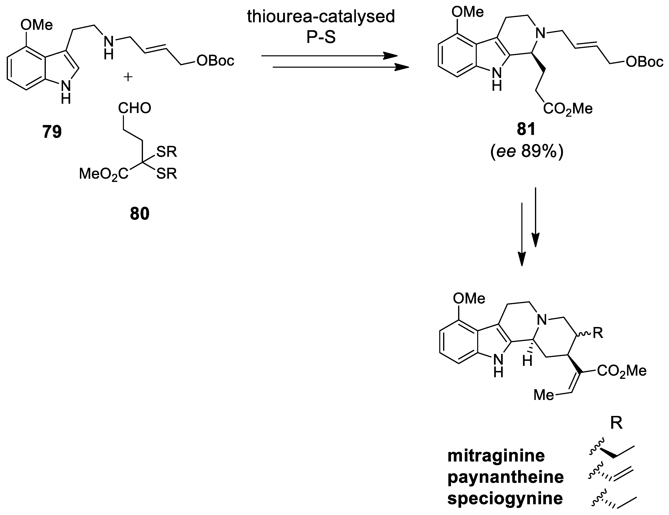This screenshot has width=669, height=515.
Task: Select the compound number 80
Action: pyautogui.click(x=140, y=214)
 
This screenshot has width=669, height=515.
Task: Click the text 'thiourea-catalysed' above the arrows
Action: pyautogui.click(x=321, y=17)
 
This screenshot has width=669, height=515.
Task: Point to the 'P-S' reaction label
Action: pyautogui.click(x=321, y=37)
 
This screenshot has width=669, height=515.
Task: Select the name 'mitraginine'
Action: pyautogui.click(x=496, y=456)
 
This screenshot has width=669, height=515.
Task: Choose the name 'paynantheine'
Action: pyautogui.click(x=505, y=477)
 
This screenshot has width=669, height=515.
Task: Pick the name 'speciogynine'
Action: pyautogui.click(x=505, y=498)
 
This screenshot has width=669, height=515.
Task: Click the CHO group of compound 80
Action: pyautogui.click(x=135, y=108)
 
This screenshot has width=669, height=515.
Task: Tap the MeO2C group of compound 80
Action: pyautogui.click(x=104, y=174)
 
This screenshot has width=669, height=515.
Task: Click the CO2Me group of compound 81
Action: pyautogui.click(x=568, y=109)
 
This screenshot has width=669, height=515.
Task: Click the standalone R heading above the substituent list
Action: pyautogui.click(x=616, y=423)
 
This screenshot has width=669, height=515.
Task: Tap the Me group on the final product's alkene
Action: pyautogui.click(x=544, y=395)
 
